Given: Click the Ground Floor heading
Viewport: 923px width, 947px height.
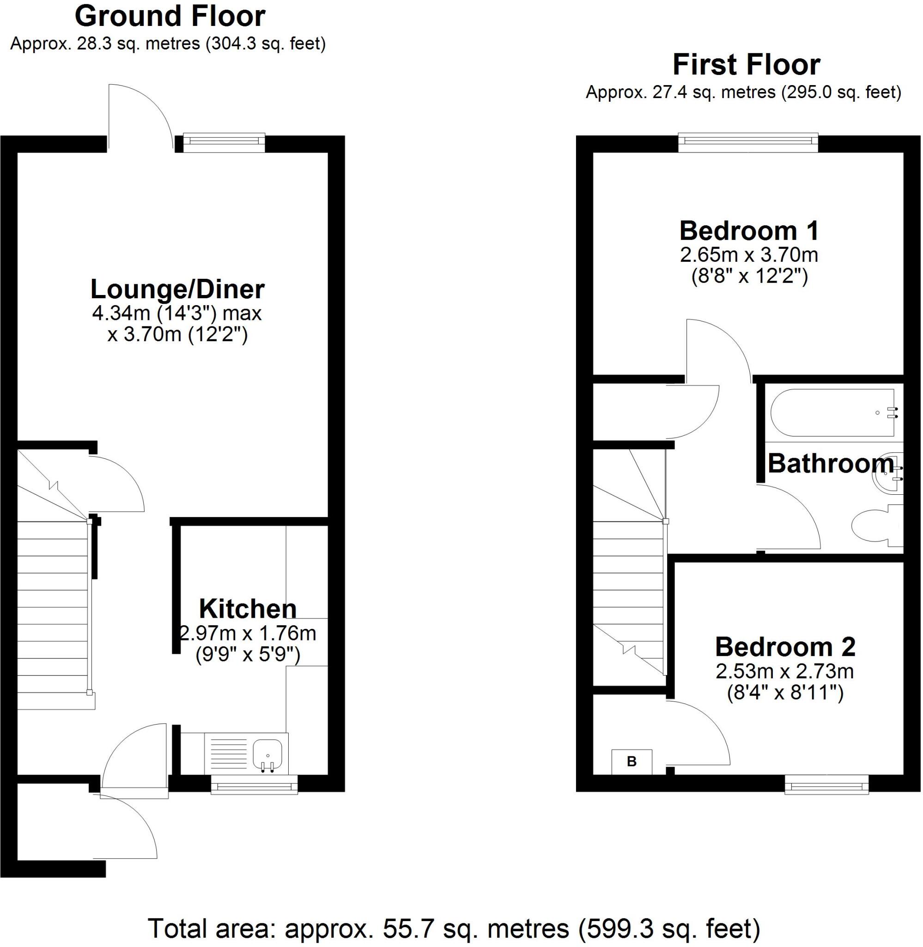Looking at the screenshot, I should [170, 17].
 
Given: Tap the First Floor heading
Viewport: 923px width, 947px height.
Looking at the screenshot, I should [746, 65].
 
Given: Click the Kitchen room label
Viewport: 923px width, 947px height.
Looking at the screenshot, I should [248, 609].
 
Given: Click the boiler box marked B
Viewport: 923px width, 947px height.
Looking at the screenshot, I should [631, 762].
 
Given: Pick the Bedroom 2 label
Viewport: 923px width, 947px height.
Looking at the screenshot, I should [785, 647].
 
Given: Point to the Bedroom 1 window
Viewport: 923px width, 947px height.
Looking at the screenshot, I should [748, 140].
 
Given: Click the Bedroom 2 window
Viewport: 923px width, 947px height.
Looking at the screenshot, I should [826, 785].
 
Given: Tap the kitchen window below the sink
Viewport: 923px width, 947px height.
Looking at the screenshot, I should [254, 785].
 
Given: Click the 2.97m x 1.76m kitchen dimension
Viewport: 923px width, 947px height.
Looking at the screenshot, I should [248, 633].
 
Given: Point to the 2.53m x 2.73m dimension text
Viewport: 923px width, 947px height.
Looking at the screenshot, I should [785, 671].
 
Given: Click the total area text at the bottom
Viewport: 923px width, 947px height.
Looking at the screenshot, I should [454, 928].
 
